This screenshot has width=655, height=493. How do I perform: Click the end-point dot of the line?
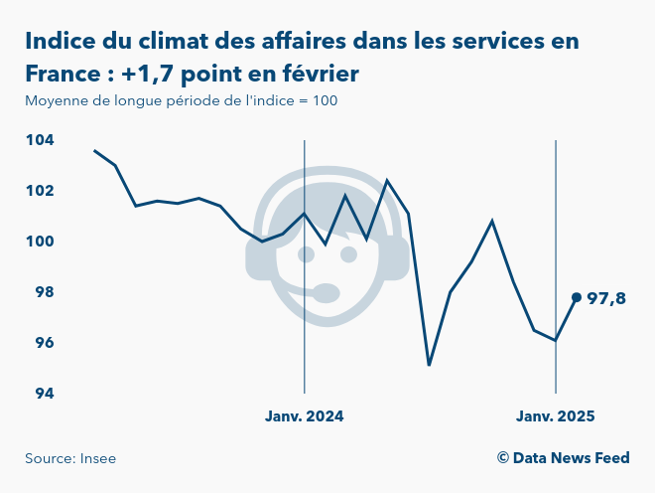click(x=577, y=297)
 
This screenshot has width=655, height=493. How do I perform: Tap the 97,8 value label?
click(x=606, y=298)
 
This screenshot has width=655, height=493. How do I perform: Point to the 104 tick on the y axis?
click(x=39, y=140)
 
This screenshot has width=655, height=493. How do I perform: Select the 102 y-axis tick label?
click(x=39, y=191)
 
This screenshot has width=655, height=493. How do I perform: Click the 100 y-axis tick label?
click(x=39, y=242)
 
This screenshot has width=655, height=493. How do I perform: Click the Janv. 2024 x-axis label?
click(x=304, y=416)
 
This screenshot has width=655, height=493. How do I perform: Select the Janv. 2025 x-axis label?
click(x=556, y=416)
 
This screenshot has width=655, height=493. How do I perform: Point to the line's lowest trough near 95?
click(x=429, y=365)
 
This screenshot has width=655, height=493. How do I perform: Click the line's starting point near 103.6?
click(x=94, y=150)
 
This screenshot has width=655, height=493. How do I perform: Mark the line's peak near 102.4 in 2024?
click(x=387, y=181)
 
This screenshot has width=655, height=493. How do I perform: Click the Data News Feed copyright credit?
click(x=563, y=458)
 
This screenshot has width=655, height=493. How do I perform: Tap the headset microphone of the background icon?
click(x=324, y=292)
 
